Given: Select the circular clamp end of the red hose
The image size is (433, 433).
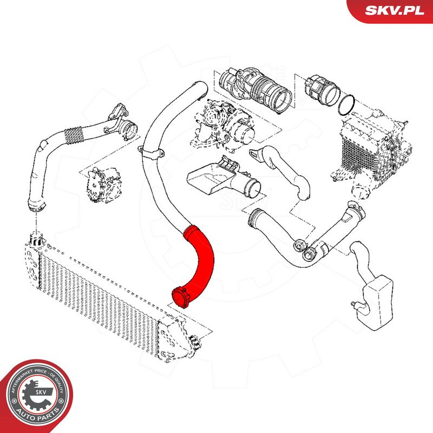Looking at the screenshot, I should pyautogui.click(x=180, y=296).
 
